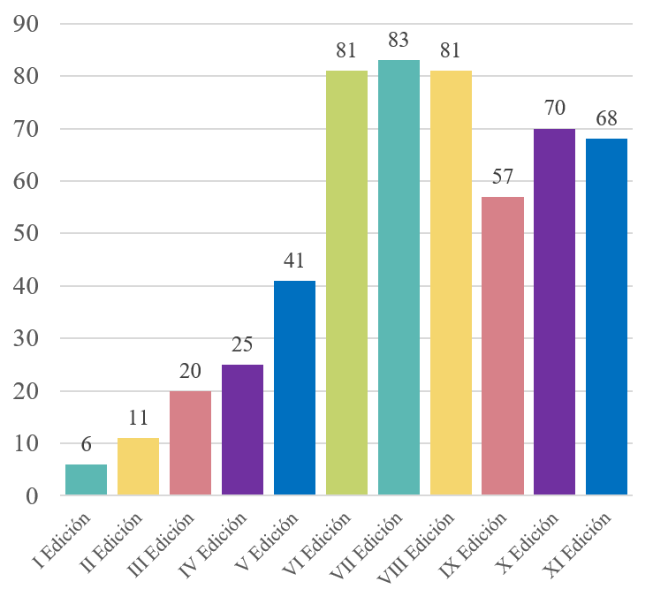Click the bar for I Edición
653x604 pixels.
click(x=86, y=480)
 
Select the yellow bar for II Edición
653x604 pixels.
click(x=138, y=467)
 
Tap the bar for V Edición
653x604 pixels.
click(x=294, y=389)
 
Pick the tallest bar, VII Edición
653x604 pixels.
click(x=399, y=278)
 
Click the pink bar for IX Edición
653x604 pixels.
click(x=503, y=346)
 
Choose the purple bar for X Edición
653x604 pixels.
click(x=555, y=313)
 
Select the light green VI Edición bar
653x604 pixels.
click(x=346, y=283)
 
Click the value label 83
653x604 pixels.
click(x=399, y=41)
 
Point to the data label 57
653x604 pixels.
click(x=503, y=176)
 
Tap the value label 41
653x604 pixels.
click(x=294, y=260)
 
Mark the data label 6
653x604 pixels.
click(x=86, y=444)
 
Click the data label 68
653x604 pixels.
click(x=606, y=118)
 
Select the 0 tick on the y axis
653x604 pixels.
click(x=35, y=496)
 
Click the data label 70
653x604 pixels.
click(x=555, y=108)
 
